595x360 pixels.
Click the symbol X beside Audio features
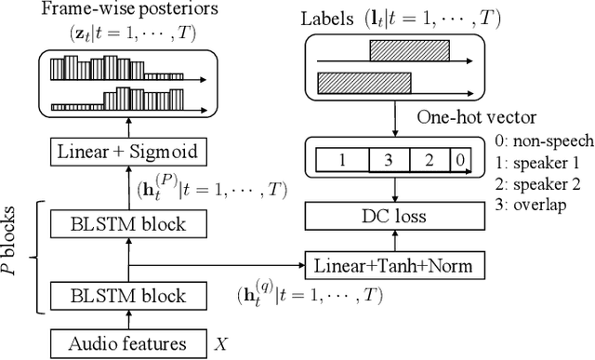pyautogui.click(x=220, y=342)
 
